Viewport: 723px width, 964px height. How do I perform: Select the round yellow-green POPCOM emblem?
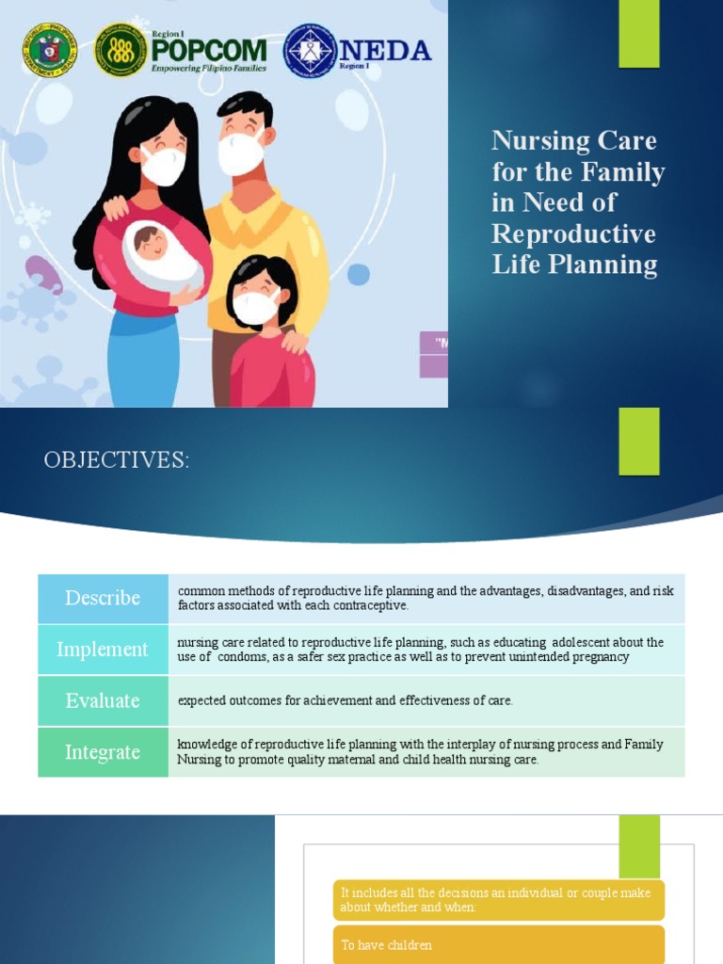pyautogui.click(x=120, y=50)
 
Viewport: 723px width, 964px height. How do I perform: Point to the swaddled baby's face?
pyautogui.click(x=152, y=242)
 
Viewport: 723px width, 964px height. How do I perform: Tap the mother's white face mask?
pyautogui.click(x=163, y=164)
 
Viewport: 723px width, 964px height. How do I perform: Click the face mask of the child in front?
pyautogui.click(x=255, y=307)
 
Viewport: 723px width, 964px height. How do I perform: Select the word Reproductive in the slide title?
pyautogui.click(x=573, y=233)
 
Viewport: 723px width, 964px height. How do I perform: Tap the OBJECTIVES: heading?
pyautogui.click(x=117, y=460)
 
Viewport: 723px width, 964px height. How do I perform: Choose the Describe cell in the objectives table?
pyautogui.click(x=103, y=598)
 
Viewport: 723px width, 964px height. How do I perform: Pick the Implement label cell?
pyautogui.click(x=103, y=650)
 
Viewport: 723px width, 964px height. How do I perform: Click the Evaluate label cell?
pyautogui.click(x=103, y=700)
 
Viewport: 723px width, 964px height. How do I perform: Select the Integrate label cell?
pyautogui.click(x=103, y=752)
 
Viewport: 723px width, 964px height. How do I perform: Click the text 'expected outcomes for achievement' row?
pyautogui.click(x=345, y=700)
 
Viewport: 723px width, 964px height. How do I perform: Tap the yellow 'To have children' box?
pyautogui.click(x=498, y=945)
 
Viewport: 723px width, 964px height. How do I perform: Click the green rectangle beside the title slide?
pyautogui.click(x=638, y=34)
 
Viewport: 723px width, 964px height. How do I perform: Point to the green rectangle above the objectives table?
pyautogui.click(x=638, y=442)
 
